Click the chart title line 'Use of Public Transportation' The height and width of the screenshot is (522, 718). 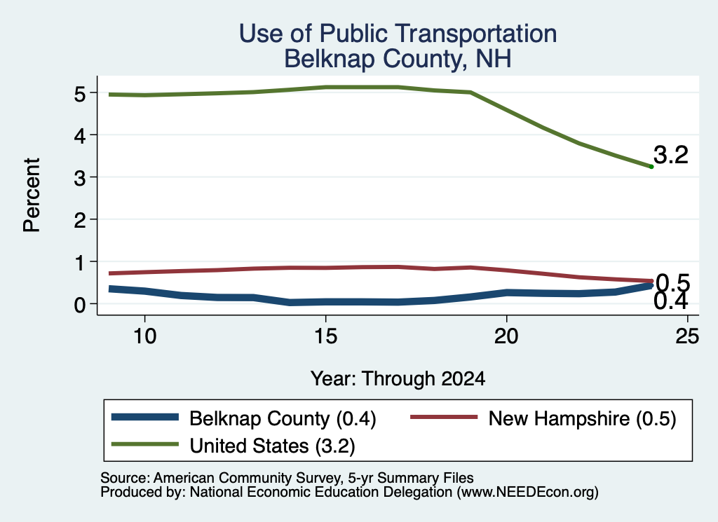(398, 34)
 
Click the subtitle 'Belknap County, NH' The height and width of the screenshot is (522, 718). (398, 59)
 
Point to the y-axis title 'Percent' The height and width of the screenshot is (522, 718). (32, 195)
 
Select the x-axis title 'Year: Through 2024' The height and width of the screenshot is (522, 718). (398, 379)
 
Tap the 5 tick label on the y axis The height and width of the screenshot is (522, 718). (80, 94)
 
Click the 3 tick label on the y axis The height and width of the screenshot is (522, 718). (80, 178)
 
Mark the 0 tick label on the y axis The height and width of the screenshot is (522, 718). (80, 305)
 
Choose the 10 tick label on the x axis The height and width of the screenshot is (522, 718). (144, 336)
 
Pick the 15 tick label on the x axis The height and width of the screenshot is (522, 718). (325, 336)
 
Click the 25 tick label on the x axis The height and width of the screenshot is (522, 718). (687, 336)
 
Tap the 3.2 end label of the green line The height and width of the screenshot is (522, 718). (671, 155)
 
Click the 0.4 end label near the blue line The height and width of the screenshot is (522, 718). (671, 301)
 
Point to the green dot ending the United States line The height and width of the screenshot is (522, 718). (651, 167)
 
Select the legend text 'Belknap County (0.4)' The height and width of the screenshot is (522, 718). (283, 418)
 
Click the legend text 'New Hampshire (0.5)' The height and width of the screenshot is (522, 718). (582, 418)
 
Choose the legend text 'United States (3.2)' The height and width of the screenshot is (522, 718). (273, 446)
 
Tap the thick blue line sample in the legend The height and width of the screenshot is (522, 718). (145, 417)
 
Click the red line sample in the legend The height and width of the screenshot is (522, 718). (444, 417)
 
